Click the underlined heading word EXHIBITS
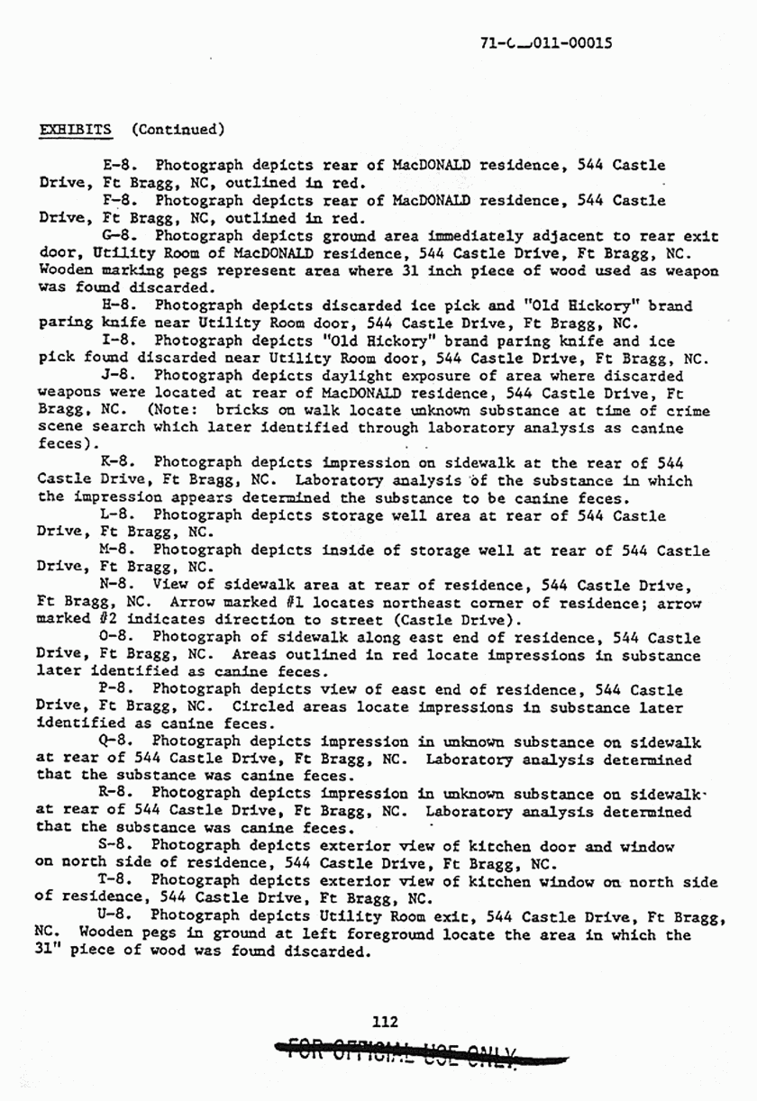[77, 129]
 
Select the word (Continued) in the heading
[178, 129]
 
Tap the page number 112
[385, 1021]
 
